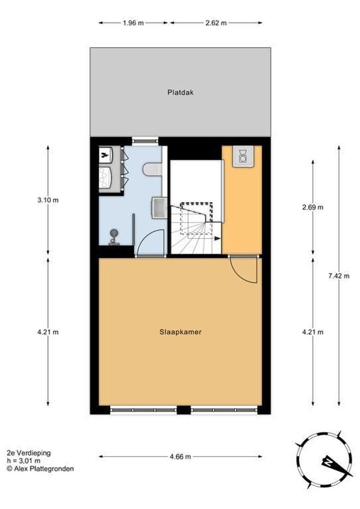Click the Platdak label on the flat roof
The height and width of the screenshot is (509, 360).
[x=180, y=92]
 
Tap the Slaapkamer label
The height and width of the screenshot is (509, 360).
[x=180, y=332]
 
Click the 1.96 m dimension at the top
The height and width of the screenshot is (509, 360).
[x=133, y=23]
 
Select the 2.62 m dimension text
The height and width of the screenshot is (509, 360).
[x=216, y=23]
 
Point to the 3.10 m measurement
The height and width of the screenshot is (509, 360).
[x=48, y=200]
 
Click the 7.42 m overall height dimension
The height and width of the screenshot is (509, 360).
[x=339, y=276]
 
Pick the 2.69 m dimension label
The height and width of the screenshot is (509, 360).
[x=313, y=207]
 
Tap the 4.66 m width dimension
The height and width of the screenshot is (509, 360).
[x=180, y=456]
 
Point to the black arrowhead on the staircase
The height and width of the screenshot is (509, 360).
[x=217, y=238]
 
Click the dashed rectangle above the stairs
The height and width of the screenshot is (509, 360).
[x=196, y=212]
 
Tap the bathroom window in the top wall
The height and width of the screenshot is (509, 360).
[x=145, y=139]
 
